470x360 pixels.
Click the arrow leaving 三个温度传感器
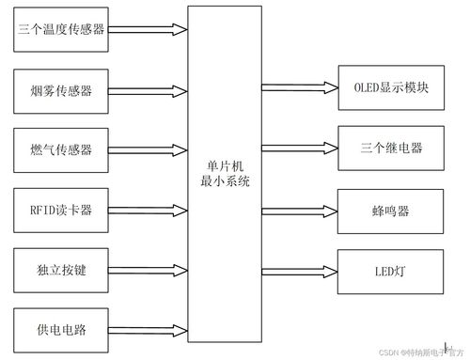(149, 32)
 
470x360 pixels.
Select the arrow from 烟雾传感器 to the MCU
(149, 90)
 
